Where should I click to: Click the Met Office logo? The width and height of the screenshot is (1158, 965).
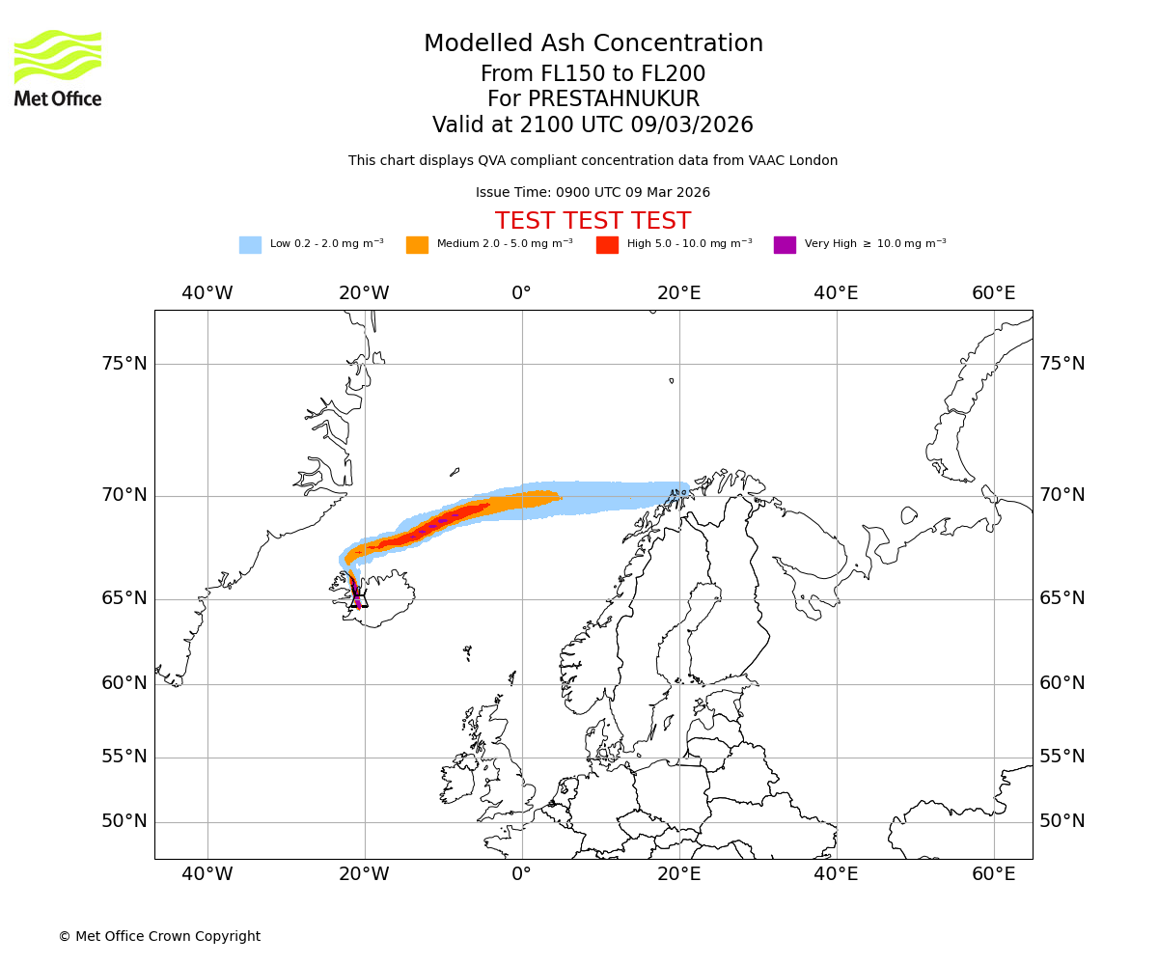(58, 68)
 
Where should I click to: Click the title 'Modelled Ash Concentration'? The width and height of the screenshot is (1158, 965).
(593, 44)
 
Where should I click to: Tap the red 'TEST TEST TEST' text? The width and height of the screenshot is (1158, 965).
(593, 221)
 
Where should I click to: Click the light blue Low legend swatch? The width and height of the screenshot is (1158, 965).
(250, 245)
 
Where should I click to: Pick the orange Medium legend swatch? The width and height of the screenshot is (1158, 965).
(417, 245)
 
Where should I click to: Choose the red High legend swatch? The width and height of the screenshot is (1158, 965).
(607, 245)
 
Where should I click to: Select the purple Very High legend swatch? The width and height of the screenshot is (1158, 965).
(785, 245)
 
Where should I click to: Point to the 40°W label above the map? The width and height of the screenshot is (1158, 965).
(207, 293)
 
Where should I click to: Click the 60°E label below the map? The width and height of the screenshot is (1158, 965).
(994, 874)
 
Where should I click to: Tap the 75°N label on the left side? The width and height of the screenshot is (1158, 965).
(124, 364)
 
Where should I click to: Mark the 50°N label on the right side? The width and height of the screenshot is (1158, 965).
(1061, 821)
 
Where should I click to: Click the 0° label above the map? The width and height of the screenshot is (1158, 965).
(521, 293)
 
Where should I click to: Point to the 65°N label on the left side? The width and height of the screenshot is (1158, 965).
(124, 598)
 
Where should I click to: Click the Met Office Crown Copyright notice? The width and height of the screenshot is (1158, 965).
(159, 937)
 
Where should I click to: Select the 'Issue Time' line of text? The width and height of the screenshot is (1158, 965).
(593, 193)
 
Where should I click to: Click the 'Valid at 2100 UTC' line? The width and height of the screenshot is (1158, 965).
(593, 125)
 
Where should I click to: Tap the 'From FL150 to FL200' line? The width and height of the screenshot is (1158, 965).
(593, 74)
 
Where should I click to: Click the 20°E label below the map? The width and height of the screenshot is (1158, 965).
(678, 874)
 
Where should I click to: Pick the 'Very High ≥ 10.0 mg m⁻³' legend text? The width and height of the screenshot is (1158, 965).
(875, 244)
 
